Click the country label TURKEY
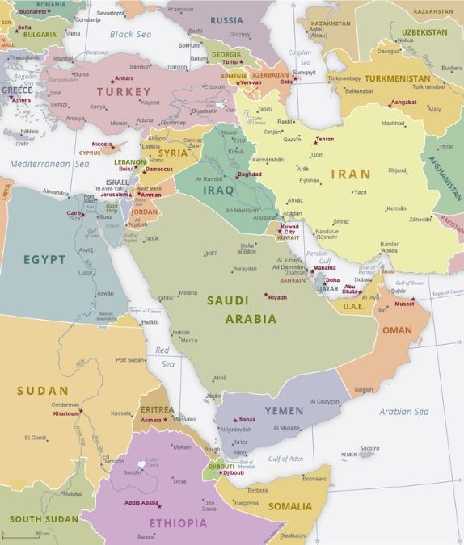click(x=124, y=92)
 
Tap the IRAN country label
click(x=350, y=174)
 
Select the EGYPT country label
click(x=44, y=259)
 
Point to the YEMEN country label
click(x=284, y=411)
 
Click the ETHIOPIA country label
click(x=177, y=522)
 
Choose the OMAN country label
click(x=397, y=330)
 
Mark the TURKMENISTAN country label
click(x=397, y=78)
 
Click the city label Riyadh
click(x=277, y=297)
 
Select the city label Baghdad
click(x=249, y=174)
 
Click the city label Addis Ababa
click(x=142, y=503)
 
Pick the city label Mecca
click(x=188, y=340)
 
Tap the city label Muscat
click(x=404, y=304)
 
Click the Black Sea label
click(x=130, y=34)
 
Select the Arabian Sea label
click(x=403, y=412)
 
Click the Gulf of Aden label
click(x=286, y=459)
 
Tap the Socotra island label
click(x=369, y=448)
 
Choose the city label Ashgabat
click(x=403, y=103)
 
